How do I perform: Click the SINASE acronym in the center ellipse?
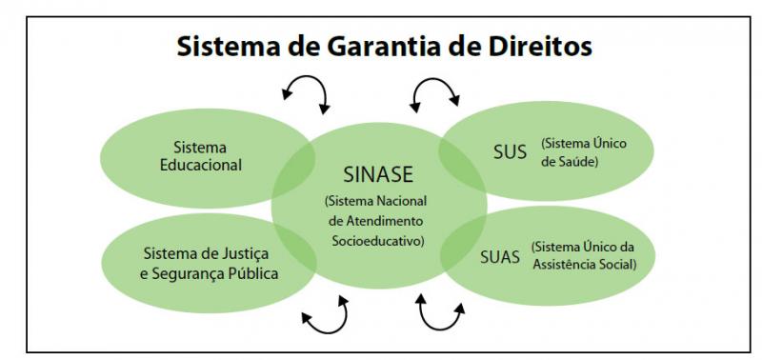(x=379, y=176)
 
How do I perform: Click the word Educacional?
(x=201, y=165)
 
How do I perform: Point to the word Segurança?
(x=190, y=273)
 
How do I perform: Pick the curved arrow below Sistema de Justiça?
(x=325, y=317)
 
